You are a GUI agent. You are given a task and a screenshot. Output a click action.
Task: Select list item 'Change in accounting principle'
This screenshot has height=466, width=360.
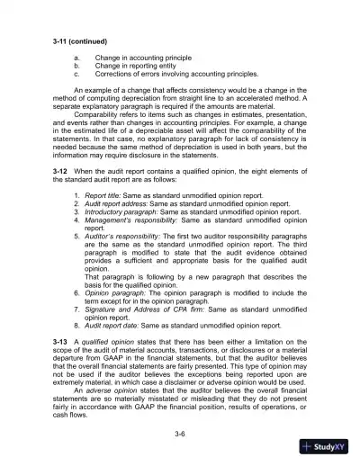tap(138, 57)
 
